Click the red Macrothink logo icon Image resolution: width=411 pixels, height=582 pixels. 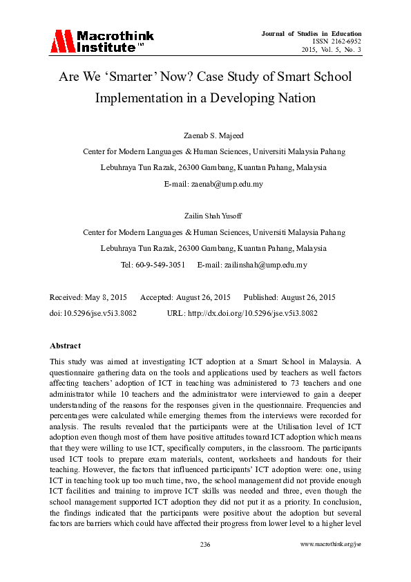point(61,41)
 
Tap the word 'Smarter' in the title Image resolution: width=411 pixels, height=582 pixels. point(131,77)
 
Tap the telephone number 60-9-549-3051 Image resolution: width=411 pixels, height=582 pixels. point(162,265)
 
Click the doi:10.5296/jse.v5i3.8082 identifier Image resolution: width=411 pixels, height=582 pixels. point(93,312)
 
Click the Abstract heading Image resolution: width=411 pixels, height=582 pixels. point(66,345)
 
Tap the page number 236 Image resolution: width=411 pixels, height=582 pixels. point(205,545)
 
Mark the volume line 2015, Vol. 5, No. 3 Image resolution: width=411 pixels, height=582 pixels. point(332,50)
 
